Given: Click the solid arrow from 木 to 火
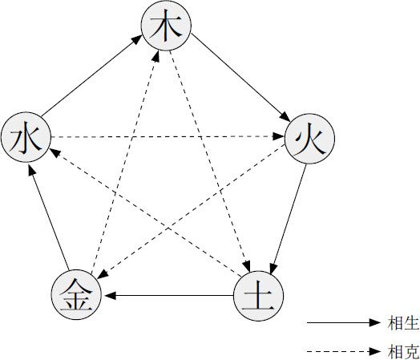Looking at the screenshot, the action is (x=240, y=78).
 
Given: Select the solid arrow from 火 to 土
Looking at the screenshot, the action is (x=288, y=219).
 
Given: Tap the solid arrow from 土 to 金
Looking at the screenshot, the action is (x=169, y=296).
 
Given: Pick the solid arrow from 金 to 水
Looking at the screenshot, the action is (x=48, y=217).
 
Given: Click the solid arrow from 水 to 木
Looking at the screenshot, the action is (x=91, y=76).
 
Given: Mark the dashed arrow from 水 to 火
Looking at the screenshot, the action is (x=168, y=137).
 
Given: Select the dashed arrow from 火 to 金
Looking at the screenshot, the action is (x=191, y=212).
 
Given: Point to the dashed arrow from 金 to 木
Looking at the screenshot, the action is (x=125, y=162).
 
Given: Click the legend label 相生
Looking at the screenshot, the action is (x=403, y=323).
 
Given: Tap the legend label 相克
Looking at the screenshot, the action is (x=403, y=351).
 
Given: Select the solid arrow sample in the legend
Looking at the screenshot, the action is (x=344, y=322).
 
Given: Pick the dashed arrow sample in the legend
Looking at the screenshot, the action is (x=344, y=351).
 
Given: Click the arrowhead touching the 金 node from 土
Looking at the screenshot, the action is (x=110, y=296).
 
